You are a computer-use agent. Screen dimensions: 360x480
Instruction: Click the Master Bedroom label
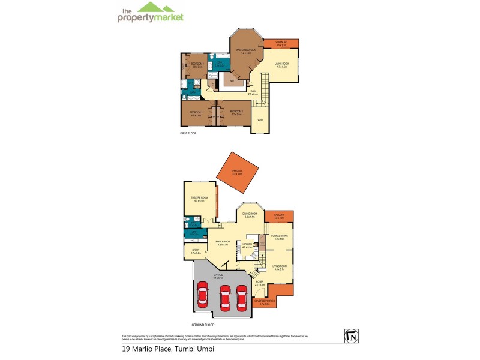coord(246,50)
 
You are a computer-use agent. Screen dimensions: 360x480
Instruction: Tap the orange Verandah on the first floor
coord(281,43)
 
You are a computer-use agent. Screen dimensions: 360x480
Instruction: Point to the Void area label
coord(260,120)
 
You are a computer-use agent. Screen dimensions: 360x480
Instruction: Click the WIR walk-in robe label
coord(232,81)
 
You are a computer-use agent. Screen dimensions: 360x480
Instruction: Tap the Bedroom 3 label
coord(196,112)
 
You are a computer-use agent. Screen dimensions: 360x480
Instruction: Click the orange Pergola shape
coord(238,174)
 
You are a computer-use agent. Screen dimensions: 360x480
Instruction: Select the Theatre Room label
coord(199,199)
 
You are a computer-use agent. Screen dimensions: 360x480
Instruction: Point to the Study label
coord(196,250)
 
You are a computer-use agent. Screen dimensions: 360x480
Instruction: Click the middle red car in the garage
coord(224,296)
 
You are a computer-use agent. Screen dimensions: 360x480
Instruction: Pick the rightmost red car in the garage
coord(241,296)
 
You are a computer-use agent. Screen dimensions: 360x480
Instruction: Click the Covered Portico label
coord(264,302)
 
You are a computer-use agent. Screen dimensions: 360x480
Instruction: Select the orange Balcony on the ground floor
coord(279,216)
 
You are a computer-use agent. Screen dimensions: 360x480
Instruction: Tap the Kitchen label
coord(246,244)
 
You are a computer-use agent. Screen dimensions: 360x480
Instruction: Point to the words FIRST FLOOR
coord(188,133)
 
